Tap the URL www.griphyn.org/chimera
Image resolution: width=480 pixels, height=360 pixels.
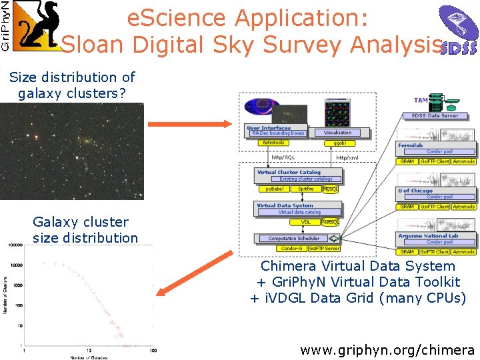[x=387, y=349]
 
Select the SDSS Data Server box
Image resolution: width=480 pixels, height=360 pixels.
[x=435, y=116]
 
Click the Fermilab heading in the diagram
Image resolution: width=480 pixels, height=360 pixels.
[x=411, y=145]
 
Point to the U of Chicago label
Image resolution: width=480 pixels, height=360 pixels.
[x=415, y=191]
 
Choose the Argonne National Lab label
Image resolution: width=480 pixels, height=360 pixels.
[x=428, y=236]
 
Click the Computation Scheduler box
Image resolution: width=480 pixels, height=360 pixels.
[x=293, y=238]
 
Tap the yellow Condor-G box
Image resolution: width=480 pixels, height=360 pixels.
[x=291, y=249]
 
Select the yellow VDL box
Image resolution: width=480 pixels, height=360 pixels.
[x=305, y=222]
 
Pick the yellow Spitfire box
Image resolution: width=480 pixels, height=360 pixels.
[x=305, y=189]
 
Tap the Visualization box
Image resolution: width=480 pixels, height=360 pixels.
[x=337, y=133]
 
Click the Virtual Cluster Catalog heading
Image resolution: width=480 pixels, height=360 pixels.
[x=288, y=172]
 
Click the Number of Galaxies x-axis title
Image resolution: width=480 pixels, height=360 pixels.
[x=89, y=357]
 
